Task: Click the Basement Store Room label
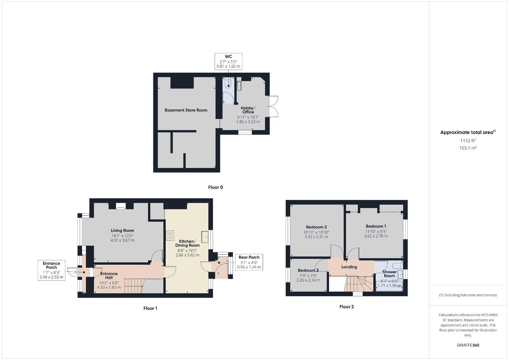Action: [186, 110]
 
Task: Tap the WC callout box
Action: [228, 61]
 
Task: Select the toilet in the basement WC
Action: [228, 83]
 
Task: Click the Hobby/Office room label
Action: [248, 110]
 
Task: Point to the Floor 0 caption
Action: [215, 187]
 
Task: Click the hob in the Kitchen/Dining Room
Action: [170, 235]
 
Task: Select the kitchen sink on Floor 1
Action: [205, 237]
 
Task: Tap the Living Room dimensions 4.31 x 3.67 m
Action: [122, 240]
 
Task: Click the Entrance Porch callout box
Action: [51, 270]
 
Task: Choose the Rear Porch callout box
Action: [249, 262]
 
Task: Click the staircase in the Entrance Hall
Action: [134, 286]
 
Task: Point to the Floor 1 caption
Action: [150, 308]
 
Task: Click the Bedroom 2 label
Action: [316, 227]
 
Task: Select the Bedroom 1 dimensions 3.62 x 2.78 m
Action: [376, 236]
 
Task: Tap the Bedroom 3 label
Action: [308, 270]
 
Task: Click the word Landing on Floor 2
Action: [349, 267]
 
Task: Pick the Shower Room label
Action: [389, 274]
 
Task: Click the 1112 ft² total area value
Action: [468, 141]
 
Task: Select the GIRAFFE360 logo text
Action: [468, 345]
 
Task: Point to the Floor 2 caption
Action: [347, 307]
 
